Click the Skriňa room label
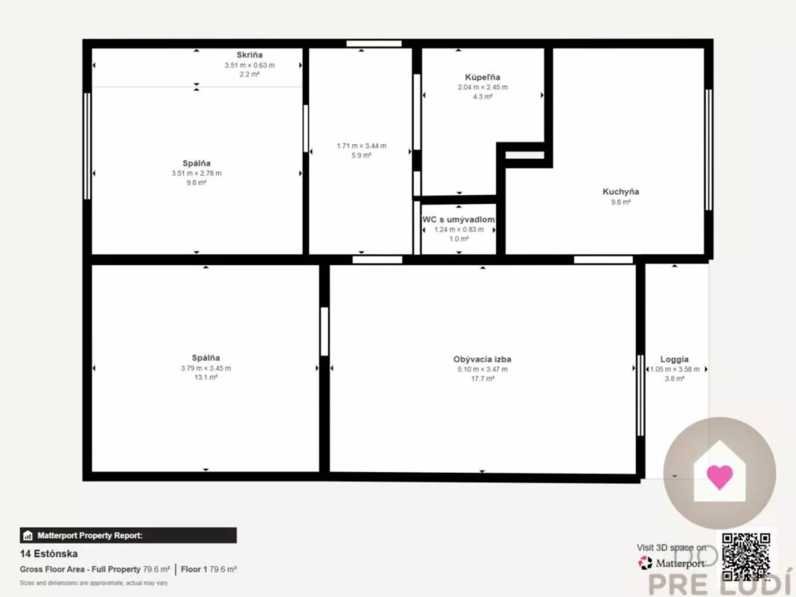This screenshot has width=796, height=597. click(248, 55)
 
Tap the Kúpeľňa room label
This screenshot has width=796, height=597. click(482, 77)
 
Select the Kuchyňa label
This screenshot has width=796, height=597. click(620, 192)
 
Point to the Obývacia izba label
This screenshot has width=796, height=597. click(482, 359)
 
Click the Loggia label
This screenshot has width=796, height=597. click(674, 359)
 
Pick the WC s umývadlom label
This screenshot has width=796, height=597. click(459, 220)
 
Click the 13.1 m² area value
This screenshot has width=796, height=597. click(205, 378)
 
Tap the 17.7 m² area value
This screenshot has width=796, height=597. click(482, 379)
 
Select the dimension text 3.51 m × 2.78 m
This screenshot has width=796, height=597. click(197, 173)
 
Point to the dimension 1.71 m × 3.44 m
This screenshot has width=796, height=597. click(361, 146)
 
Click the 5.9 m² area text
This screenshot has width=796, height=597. click(361, 155)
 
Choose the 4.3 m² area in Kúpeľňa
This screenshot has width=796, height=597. click(482, 96)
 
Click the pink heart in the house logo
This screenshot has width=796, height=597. click(719, 477)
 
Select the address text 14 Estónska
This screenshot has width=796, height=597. click(49, 553)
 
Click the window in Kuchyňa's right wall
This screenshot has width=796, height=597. click(708, 150)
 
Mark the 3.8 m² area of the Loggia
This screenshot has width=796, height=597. click(674, 379)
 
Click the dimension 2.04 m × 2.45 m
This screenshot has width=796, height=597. click(482, 87)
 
